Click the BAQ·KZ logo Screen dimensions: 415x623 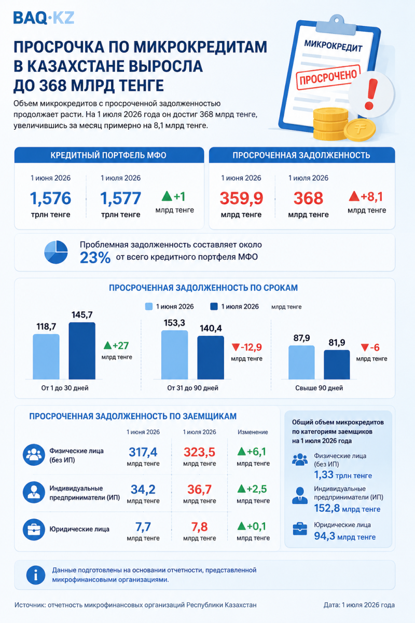pos(44,18)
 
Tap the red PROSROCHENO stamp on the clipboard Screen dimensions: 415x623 pos(328,77)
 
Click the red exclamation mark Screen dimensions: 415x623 pos(371,94)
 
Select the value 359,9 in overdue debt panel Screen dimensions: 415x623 pos(241,198)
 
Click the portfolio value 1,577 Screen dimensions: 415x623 pos(120,198)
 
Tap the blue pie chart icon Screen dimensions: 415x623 pos(56,252)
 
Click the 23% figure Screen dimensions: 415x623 pos(95,258)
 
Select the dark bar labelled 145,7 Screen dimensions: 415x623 pos(82,351)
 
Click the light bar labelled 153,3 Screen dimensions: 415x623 pos(175,355)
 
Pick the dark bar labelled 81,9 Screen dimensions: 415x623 pos(337,364)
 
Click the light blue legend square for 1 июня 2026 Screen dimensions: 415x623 pos(149,306)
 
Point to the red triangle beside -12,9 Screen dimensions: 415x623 pos(236,347)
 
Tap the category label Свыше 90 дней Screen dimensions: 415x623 pos(319,388)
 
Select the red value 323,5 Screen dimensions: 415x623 pos(199,452)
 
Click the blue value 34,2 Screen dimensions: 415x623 pos(143,490)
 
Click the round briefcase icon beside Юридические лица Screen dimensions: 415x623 pos(34,529)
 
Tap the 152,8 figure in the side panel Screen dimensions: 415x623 pos(327,508)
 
